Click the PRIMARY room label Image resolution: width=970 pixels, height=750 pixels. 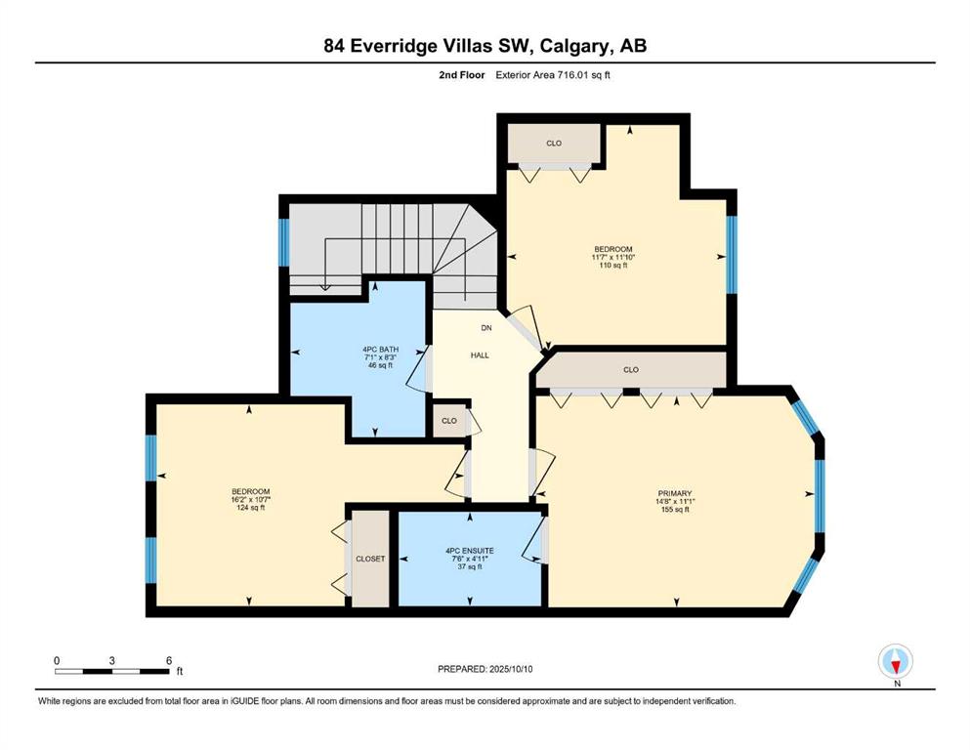[675, 493]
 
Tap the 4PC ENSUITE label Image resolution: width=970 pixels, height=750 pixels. [470, 550]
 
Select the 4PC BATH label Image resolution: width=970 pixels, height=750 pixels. [380, 350]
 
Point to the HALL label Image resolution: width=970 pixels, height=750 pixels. [480, 354]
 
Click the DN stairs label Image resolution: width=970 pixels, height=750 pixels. [486, 328]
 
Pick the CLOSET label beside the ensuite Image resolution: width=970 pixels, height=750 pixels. [370, 559]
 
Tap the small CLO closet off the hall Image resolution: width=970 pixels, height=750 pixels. [449, 421]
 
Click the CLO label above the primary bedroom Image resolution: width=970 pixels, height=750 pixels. [631, 370]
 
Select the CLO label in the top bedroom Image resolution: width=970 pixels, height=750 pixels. [554, 143]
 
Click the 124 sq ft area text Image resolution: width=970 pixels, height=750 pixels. [250, 508]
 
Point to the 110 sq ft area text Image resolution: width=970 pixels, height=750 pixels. [613, 266]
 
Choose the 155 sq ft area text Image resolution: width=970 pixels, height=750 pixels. [675, 510]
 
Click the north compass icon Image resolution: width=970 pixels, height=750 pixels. [896, 661]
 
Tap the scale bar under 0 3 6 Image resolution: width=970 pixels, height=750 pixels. [112, 671]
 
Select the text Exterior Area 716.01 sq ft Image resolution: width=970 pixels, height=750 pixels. [553, 75]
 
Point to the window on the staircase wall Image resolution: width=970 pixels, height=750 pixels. [284, 242]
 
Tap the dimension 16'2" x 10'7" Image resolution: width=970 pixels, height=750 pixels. [250, 500]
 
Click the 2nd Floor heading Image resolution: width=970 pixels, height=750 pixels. [462, 75]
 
